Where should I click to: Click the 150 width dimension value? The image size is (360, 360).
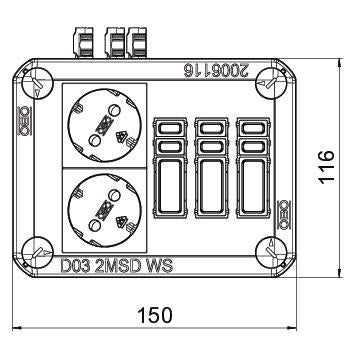(155, 315)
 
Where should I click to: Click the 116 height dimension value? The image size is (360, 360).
(326, 166)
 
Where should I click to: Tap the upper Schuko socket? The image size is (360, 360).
(105, 125)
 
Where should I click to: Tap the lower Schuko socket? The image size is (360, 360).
(105, 210)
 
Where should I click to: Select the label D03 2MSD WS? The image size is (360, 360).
(117, 267)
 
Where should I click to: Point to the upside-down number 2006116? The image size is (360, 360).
(216, 71)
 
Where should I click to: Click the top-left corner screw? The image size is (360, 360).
(37, 83)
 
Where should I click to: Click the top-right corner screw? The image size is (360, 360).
(272, 83)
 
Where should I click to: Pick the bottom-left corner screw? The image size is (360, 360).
(37, 252)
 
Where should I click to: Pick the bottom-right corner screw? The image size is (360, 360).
(272, 252)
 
